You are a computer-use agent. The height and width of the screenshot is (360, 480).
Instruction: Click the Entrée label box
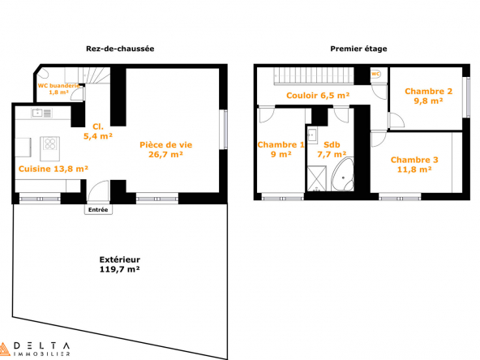coord(98,210)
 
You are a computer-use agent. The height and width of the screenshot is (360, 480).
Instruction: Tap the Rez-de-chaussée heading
coord(120,49)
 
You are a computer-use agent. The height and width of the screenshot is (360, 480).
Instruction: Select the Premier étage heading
coord(358,49)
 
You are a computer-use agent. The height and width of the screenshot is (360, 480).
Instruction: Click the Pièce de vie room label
coord(166,149)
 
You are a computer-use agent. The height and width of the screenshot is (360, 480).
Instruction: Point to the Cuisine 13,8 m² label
coord(54,169)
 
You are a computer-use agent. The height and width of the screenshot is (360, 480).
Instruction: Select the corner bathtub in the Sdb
coord(343,175)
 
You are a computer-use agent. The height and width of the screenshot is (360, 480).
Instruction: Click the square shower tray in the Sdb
coord(317,178)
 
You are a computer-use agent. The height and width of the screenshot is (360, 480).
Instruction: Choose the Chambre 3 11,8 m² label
coord(414,165)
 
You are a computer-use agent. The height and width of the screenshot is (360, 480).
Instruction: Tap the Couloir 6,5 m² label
coord(318,96)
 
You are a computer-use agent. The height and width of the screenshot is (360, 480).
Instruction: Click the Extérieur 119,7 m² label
coord(120,264)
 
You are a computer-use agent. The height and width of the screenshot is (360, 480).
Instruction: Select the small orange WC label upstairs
coord(375,74)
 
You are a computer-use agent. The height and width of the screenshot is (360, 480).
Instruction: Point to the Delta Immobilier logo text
coord(41,349)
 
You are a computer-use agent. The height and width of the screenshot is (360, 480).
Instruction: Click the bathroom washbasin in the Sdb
coord(312,135)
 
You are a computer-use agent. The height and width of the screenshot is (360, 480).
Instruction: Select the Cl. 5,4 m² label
coord(98,131)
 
